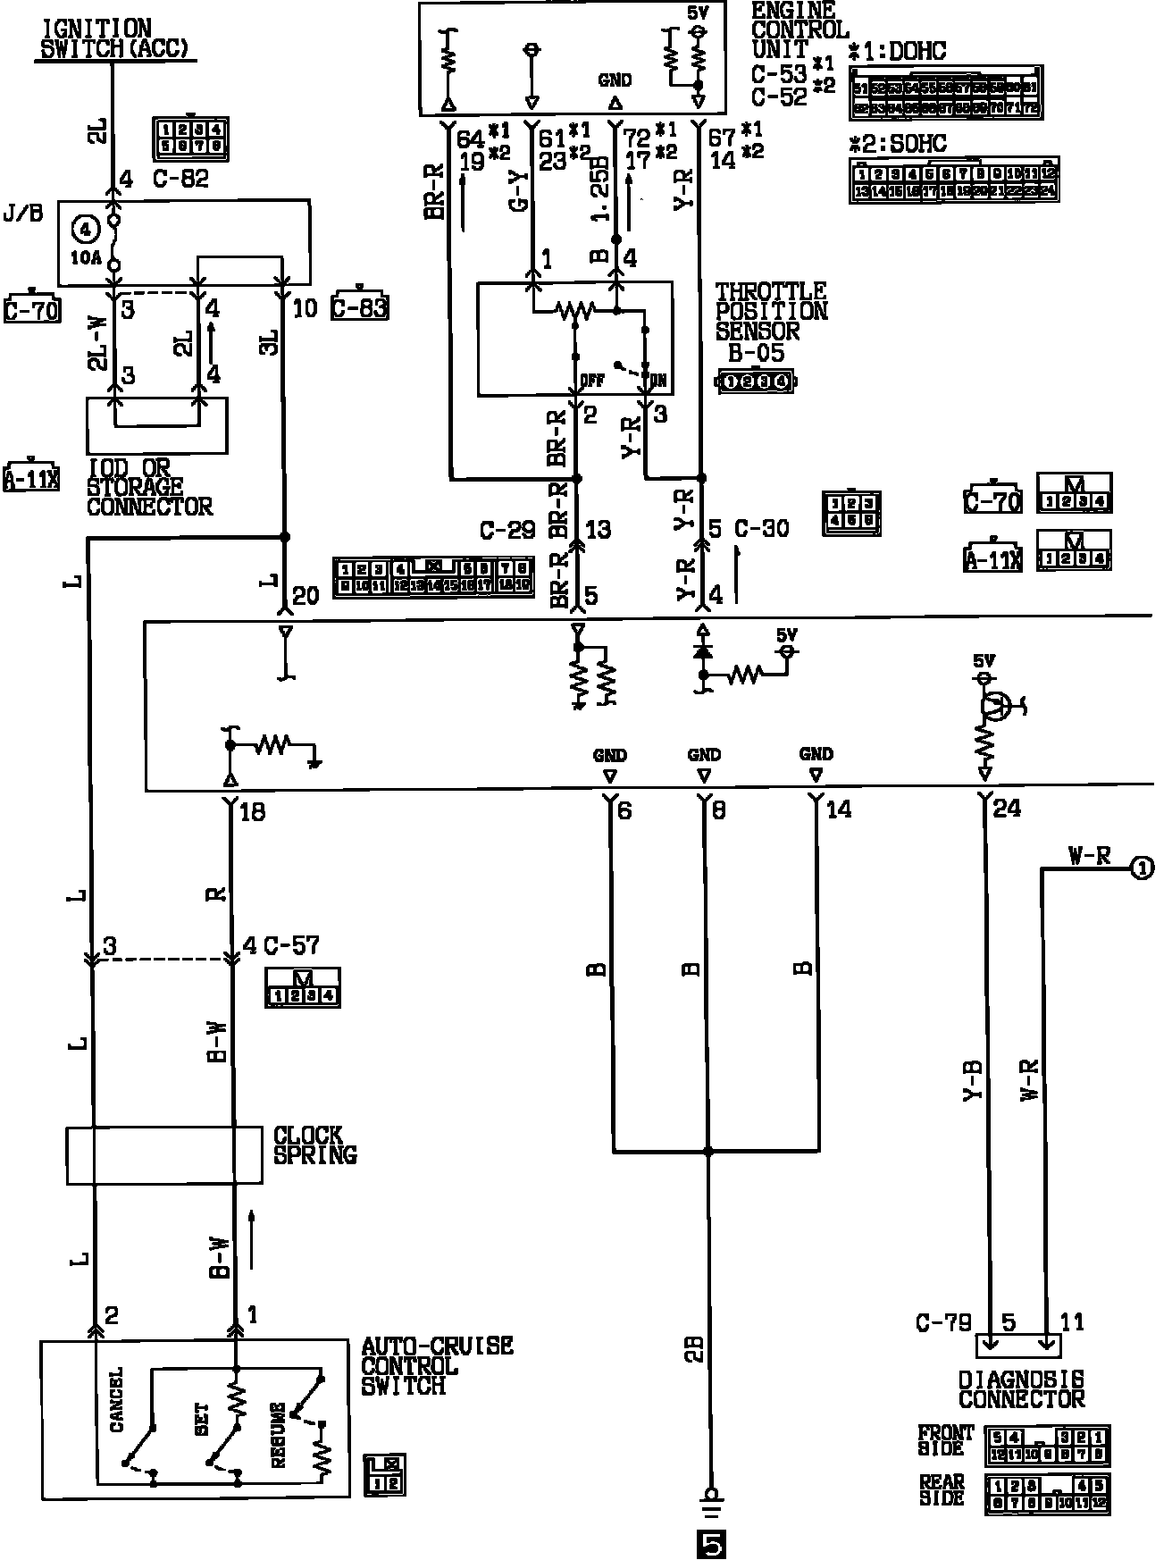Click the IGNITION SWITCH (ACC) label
pos(115,39)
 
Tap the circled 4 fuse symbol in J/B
pos(86,230)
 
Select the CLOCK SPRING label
pos(314,1145)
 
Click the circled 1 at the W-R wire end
pos(1143,867)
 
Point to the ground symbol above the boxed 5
pos(711,1497)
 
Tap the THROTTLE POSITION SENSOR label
pos(771,312)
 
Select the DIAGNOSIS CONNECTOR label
pos(1021,1389)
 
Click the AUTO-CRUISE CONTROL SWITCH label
pos(436,1366)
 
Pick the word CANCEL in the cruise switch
pos(117,1400)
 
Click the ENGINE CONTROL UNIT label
pos(798,31)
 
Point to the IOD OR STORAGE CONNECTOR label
pos(149,488)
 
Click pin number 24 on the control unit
pos(1007,809)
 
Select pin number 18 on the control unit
pos(253,812)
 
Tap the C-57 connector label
pos(292,945)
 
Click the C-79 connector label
pos(943,1321)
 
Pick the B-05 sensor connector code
pos(756,353)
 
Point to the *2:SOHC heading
pos(897,143)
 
